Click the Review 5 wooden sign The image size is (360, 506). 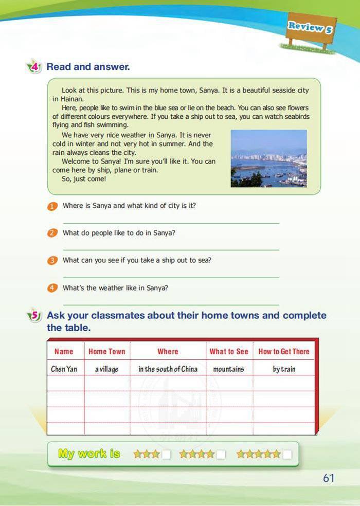coord(310,27)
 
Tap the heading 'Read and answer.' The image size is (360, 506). coord(88,66)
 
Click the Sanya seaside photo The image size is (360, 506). coord(268,158)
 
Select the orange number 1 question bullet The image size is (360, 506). coord(52,206)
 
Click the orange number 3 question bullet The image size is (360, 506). coord(52,261)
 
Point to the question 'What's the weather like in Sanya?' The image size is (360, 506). coord(115,288)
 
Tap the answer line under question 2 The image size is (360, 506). coord(171,250)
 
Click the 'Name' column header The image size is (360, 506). coord(64,352)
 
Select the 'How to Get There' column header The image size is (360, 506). coord(284,352)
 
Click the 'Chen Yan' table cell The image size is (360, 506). coord(64,369)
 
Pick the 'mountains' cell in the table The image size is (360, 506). coord(228,369)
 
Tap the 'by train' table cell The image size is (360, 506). coord(284,369)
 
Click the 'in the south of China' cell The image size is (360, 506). coord(168,369)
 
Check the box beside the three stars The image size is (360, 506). coord(166,454)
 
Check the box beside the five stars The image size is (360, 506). coord(287,454)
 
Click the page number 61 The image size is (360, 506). coord(329,478)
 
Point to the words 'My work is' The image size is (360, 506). coord(89,454)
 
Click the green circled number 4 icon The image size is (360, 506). coord(34,67)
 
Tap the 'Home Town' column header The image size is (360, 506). coord(106,352)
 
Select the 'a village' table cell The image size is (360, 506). coord(106,369)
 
